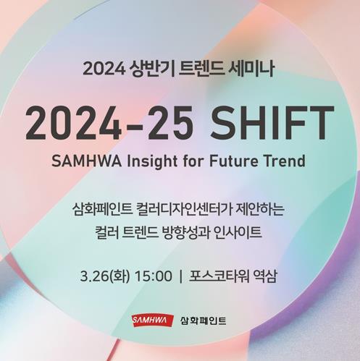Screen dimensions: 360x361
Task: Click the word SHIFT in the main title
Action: click(272, 123)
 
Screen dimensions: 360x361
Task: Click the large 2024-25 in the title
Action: click(109, 123)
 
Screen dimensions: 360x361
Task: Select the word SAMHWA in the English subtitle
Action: click(86, 161)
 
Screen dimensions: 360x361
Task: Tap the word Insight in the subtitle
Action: click(152, 161)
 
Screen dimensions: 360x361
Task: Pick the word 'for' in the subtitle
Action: click(193, 161)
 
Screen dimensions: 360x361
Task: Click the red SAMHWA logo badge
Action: click(153, 320)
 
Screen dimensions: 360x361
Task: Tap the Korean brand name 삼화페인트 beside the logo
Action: click(203, 320)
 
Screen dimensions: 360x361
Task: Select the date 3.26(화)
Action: click(105, 276)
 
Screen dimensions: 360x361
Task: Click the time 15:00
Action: click(154, 276)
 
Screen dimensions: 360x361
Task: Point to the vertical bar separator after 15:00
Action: click(181, 276)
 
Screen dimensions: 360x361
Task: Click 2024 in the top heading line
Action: click(104, 69)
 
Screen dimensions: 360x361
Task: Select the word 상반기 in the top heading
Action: click(152, 69)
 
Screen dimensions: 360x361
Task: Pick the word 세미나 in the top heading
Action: click(251, 69)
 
